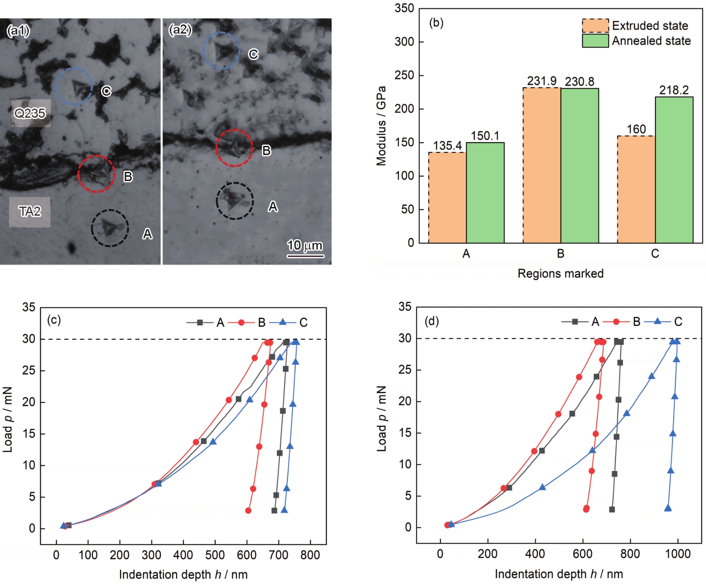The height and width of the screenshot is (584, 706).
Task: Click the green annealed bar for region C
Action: pos(674,170)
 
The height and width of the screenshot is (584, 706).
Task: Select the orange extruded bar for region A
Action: pos(447,197)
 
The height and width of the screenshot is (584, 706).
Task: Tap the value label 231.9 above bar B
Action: pos(542,81)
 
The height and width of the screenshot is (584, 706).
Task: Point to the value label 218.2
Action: pos(674,90)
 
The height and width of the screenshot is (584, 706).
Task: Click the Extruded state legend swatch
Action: pos(595,26)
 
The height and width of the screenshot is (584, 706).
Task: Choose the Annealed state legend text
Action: pos(651,41)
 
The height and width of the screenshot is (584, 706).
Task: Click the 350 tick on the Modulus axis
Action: pos(404,8)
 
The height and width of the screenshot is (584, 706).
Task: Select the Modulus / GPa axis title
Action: pos(381,126)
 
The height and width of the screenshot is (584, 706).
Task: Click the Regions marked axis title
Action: pos(560,274)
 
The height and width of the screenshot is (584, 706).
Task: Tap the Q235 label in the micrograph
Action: pos(30,113)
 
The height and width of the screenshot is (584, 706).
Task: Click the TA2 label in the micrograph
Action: pos(30,211)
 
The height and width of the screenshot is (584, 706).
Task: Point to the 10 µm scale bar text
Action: pos(305,245)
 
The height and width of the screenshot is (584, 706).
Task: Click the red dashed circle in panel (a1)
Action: pos(96,174)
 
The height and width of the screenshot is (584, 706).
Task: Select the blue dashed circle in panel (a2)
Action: pos(221,51)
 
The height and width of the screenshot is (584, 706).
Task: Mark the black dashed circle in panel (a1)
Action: pos(110,228)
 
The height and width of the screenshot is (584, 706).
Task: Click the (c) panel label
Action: pos(54,320)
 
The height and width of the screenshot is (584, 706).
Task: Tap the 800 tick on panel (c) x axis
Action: pos(310,555)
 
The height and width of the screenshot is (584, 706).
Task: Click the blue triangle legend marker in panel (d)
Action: pos(657,321)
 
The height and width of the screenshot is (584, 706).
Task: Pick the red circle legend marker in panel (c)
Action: pos(241,323)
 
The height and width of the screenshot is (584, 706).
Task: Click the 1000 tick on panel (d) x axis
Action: pos(677,554)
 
